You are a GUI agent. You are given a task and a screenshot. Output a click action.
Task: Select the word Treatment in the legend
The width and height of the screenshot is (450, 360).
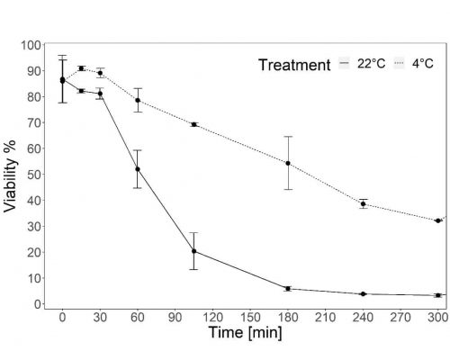coord(293,65)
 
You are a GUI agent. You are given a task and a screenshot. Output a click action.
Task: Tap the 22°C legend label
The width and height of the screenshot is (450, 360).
coord(370,65)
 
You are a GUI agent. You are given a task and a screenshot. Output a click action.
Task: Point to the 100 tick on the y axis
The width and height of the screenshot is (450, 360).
coord(30,44)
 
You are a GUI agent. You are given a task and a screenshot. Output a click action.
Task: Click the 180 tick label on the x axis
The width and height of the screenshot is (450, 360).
coord(287,319)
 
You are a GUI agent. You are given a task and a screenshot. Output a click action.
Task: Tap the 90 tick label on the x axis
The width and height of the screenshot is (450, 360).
coord(175,319)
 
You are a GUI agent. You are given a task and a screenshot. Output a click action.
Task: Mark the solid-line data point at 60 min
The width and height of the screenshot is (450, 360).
coord(137,169)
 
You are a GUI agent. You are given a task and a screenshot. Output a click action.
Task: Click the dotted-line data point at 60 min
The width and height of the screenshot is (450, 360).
coord(137,100)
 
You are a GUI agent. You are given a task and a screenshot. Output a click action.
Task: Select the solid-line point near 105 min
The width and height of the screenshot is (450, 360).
coord(193,251)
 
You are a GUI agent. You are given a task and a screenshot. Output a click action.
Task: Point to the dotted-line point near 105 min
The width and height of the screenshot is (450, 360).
coord(193,124)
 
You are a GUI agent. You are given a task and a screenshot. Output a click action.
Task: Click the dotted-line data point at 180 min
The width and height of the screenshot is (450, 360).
coord(287,163)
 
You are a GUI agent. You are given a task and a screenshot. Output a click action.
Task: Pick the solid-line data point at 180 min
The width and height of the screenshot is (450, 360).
coord(287,289)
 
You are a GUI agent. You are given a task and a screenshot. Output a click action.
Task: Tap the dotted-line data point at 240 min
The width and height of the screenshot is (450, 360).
coord(363,203)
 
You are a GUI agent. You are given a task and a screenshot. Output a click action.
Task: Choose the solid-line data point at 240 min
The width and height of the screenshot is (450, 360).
coord(363,294)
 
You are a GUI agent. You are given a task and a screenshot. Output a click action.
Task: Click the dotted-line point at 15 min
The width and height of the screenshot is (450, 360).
coord(81,68)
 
